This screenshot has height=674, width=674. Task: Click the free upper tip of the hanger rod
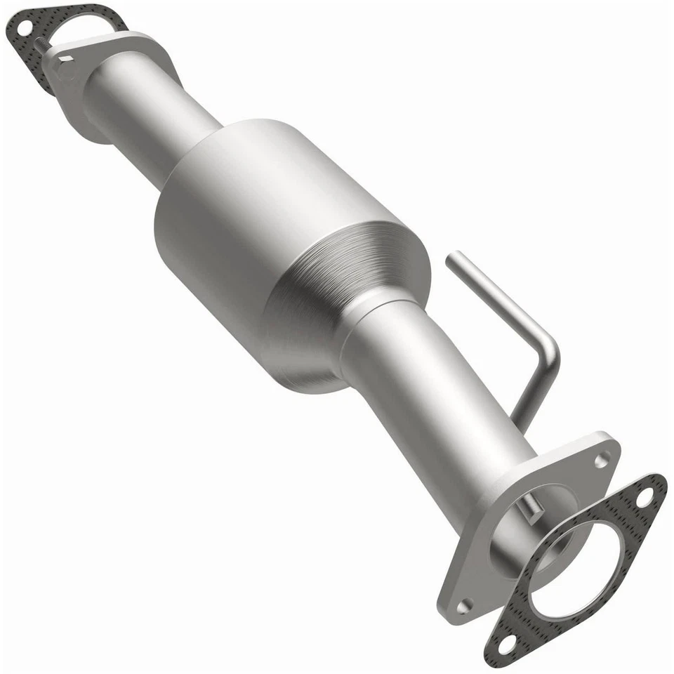click(x=453, y=257)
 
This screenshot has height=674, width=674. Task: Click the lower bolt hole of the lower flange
click(x=463, y=605)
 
